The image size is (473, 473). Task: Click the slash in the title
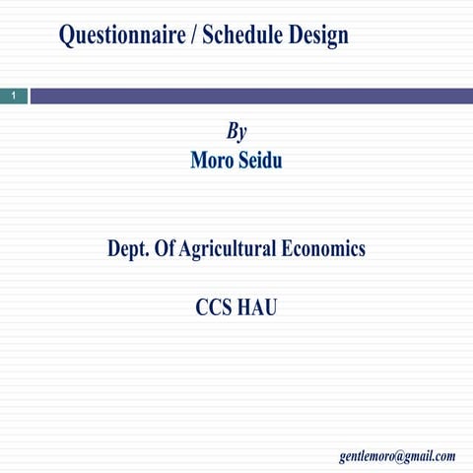pyautogui.click(x=193, y=35)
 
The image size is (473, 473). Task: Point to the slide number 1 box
pyautogui.click(x=13, y=96)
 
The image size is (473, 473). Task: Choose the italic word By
pyautogui.click(x=236, y=132)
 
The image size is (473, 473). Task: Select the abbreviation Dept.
pyautogui.click(x=130, y=248)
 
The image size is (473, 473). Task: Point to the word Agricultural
pyautogui.click(x=229, y=248)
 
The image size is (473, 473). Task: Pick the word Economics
pyautogui.click(x=323, y=248)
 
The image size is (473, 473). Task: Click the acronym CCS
pyautogui.click(x=214, y=306)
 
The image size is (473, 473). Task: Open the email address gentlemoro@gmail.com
pyautogui.click(x=397, y=455)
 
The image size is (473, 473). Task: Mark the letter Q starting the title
pyautogui.click(x=67, y=35)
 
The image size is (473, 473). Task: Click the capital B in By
pyautogui.click(x=232, y=131)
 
